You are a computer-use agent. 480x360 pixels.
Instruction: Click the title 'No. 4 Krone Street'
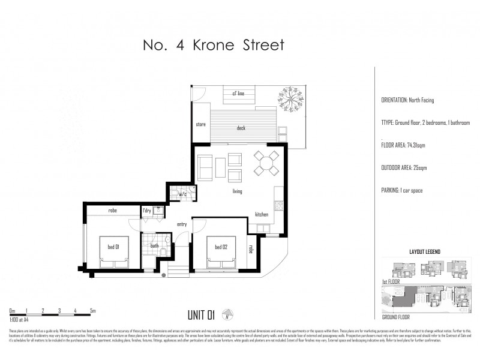pyautogui.click(x=210, y=45)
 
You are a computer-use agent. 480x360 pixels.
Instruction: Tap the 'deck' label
pyautogui.click(x=241, y=127)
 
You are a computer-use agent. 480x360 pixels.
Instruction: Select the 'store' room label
pyautogui.click(x=201, y=125)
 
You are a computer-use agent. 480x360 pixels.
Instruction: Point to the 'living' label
pyautogui.click(x=238, y=191)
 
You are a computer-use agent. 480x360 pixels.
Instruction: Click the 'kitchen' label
pyautogui.click(x=262, y=214)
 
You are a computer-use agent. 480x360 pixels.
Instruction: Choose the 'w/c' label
pyautogui.click(x=182, y=194)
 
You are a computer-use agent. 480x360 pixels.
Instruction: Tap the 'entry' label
pyautogui.click(x=182, y=224)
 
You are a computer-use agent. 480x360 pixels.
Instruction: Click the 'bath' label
pyautogui.click(x=154, y=245)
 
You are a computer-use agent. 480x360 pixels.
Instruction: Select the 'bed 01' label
pyautogui.click(x=113, y=247)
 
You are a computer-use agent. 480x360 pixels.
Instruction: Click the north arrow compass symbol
pyautogui.click(x=227, y=313)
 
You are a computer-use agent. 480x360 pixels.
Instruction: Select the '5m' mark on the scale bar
pyautogui.click(x=92, y=311)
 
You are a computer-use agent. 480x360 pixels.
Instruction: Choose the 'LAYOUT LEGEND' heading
pyautogui.click(x=425, y=252)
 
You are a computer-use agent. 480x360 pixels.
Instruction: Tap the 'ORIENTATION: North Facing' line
pyautogui.click(x=407, y=100)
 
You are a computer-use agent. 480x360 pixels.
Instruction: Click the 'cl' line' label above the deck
pyautogui.click(x=238, y=94)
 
